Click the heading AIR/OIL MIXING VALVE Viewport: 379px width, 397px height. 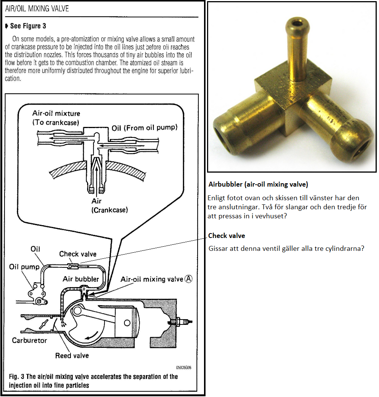pos(37,8)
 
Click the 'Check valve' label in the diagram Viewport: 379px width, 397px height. pos(78,254)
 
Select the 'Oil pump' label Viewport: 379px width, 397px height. pos(24,267)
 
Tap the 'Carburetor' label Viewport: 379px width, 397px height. pos(29,340)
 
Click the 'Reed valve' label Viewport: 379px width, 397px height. pos(72,355)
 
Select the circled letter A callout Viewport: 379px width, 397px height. pos(189,279)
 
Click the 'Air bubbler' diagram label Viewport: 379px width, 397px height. pos(81,279)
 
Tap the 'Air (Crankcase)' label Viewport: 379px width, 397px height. pos(110,205)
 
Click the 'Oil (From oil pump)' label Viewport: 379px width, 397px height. pos(144,128)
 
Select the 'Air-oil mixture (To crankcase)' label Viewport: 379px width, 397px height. pos(56,117)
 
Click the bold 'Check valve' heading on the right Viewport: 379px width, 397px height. pos(227,236)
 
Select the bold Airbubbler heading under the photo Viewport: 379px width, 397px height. pos(258,185)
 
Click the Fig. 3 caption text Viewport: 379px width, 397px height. pos(93,381)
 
